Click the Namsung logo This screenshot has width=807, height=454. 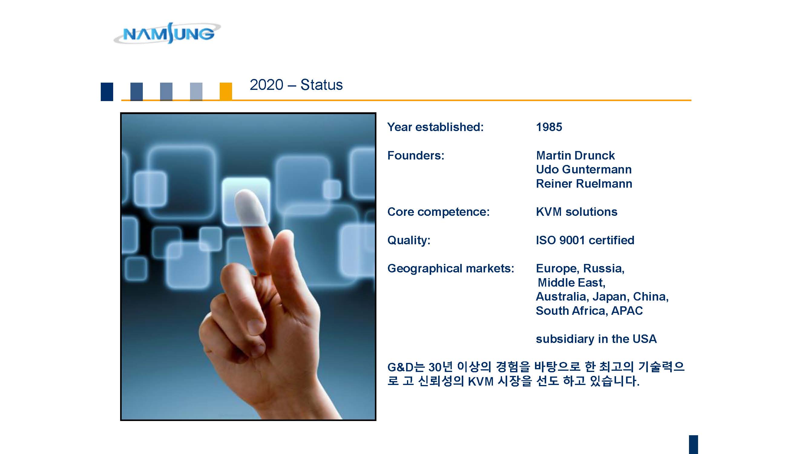(167, 33)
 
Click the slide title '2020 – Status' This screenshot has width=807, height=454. (296, 85)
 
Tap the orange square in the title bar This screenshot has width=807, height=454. (225, 91)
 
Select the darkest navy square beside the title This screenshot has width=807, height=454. (107, 92)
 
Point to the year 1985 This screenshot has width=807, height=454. (549, 127)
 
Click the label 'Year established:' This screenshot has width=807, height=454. (435, 127)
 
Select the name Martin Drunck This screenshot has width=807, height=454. (575, 155)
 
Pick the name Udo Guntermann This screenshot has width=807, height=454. (584, 169)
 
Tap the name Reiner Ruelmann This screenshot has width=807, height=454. (584, 184)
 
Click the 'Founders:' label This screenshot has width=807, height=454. (416, 155)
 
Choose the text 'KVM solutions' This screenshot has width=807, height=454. (576, 212)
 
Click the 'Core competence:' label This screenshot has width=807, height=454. (438, 212)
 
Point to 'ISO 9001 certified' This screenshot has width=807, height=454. (585, 240)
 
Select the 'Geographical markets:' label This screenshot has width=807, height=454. (451, 268)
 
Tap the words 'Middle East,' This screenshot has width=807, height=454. (571, 283)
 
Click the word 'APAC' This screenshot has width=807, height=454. (627, 311)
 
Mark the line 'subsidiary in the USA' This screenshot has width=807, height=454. (596, 339)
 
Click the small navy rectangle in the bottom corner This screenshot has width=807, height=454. (693, 444)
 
